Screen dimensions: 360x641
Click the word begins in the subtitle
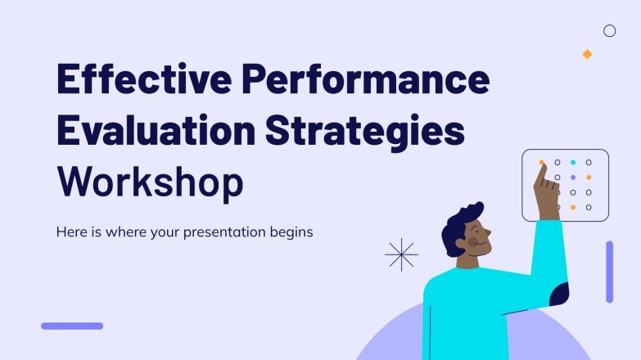290,232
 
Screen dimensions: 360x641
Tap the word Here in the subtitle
71,232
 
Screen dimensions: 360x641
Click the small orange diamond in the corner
587,54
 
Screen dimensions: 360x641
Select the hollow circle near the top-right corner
609,31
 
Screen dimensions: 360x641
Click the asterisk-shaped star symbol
401,254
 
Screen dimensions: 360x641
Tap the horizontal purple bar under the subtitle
72,326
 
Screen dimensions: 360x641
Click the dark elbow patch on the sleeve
559,293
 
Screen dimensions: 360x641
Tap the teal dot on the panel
573,163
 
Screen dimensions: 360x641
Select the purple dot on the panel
573,178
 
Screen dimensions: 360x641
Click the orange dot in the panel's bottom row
573,208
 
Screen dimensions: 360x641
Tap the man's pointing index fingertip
541,165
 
